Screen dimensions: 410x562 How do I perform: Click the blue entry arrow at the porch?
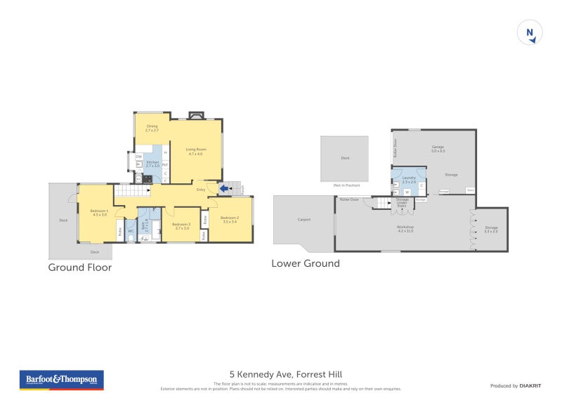pos(224,188)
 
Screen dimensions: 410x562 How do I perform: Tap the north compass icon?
pos(530,33)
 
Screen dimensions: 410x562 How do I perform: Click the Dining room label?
pos(152,126)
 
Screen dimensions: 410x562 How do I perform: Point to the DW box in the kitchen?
pos(139,157)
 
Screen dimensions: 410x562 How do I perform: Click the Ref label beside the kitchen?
pos(164,165)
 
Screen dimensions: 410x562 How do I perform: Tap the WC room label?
pos(131,231)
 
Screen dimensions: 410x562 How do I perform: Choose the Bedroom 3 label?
pos(182,224)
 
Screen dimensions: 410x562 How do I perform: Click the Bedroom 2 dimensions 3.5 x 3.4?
pos(230,221)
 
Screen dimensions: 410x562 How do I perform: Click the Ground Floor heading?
pos(79,267)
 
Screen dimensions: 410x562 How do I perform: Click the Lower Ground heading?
pos(306,263)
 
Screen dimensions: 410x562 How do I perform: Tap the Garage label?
pos(438,147)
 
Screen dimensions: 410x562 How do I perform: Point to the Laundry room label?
pos(409,178)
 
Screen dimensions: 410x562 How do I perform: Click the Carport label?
pos(304,220)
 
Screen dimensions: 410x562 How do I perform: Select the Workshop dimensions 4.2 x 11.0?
pos(405,231)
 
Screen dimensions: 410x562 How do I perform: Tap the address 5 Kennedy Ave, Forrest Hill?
pos(286,374)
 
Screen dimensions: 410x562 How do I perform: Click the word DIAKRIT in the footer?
pos(529,385)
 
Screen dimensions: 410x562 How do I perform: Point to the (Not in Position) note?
pos(346,185)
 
